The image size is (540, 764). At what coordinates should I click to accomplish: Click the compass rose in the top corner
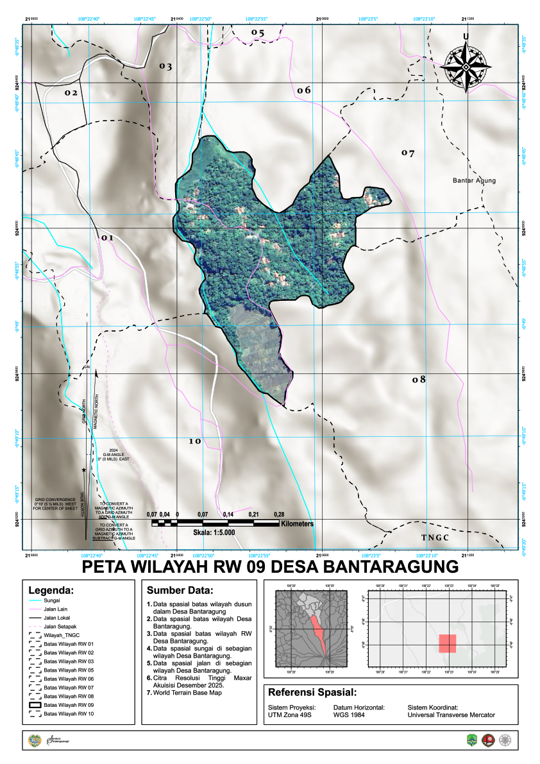466,64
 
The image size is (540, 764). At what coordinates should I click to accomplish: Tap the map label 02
71,93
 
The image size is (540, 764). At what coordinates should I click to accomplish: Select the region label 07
408,153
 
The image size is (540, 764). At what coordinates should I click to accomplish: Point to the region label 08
419,380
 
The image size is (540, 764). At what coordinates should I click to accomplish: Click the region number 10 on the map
195,442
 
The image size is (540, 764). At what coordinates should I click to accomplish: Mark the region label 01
106,238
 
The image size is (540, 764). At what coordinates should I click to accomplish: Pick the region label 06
303,90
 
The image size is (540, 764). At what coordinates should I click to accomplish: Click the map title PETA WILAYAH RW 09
270,567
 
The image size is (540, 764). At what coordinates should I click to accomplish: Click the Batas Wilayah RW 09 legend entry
69,705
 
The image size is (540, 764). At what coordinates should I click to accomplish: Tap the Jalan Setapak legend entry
60,627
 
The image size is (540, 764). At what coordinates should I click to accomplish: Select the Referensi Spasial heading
312,693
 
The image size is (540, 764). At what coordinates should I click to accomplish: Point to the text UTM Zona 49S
289,715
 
